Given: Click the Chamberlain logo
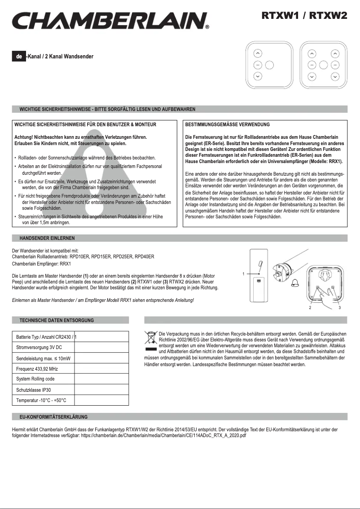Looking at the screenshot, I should click(x=110, y=21).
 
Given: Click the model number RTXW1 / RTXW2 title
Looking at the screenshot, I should click(x=304, y=16).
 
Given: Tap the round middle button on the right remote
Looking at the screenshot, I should click(x=323, y=64).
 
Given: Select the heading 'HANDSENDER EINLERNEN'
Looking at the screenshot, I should click(x=47, y=238).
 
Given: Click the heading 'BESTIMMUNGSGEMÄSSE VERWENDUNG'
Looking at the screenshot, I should click(x=227, y=124).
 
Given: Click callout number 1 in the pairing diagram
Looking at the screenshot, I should click(x=243, y=274).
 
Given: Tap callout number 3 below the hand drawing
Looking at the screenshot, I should click(x=340, y=308).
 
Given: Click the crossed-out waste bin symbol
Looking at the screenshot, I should click(x=150, y=336).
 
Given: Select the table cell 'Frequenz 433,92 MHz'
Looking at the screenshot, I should click(x=38, y=369).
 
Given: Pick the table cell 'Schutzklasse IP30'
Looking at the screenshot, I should click(x=36, y=390).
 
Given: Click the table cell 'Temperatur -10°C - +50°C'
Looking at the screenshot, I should click(x=41, y=400).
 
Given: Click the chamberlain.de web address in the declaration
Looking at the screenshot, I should click(x=164, y=436).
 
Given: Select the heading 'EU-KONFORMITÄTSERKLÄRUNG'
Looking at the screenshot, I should click(x=54, y=417).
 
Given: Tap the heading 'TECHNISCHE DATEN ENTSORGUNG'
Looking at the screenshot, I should click(x=57, y=320).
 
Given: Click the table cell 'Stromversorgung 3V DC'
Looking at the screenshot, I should click(x=39, y=348).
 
